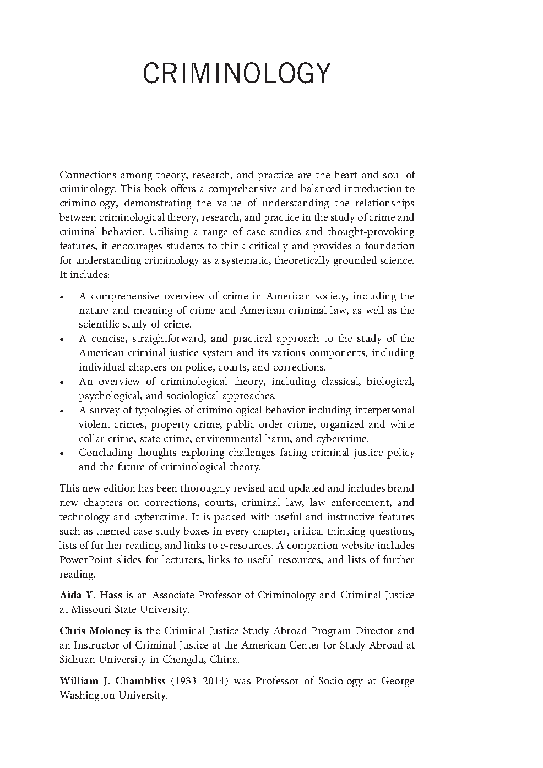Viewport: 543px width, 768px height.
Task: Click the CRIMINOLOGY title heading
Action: pyautogui.click(x=237, y=73)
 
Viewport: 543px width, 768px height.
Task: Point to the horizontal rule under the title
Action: pyautogui.click(x=237, y=91)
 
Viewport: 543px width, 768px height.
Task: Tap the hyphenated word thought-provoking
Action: pyautogui.click(x=371, y=232)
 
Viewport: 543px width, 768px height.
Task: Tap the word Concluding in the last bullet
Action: pyautogui.click(x=105, y=453)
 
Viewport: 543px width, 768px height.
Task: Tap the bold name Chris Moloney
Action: pyautogui.click(x=95, y=631)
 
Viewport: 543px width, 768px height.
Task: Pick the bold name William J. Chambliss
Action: pyautogui.click(x=112, y=681)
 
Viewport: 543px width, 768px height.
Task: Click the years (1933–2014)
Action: pyautogui.click(x=199, y=681)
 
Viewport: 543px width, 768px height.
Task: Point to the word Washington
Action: pyautogui.click(x=86, y=695)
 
